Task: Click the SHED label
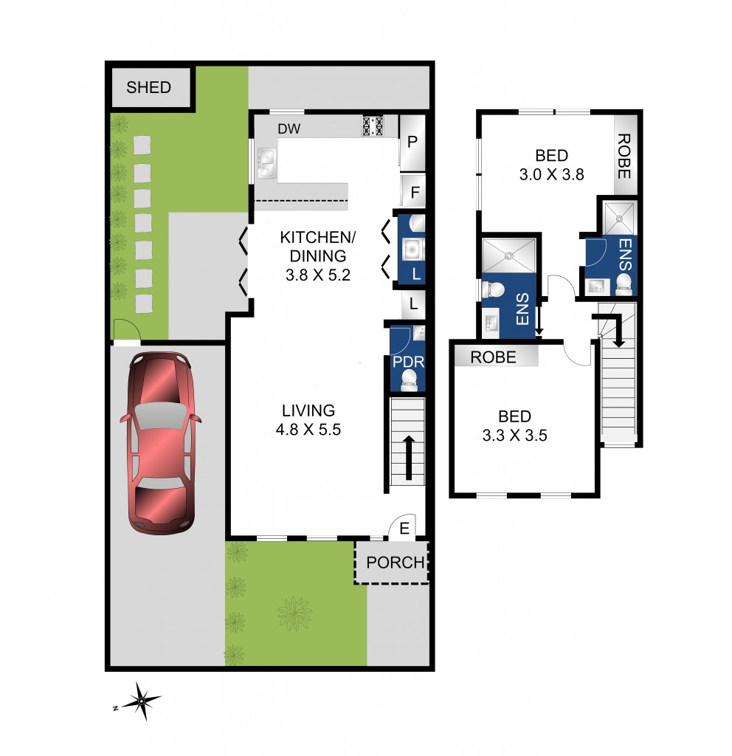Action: (x=148, y=87)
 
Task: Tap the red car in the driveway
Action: (x=160, y=441)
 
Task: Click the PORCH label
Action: (x=396, y=563)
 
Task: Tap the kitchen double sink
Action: (x=267, y=164)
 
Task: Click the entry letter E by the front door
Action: (x=404, y=528)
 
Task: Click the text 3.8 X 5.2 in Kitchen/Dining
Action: (x=313, y=275)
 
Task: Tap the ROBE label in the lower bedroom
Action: (x=494, y=357)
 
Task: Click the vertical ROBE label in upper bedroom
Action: (x=624, y=157)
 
